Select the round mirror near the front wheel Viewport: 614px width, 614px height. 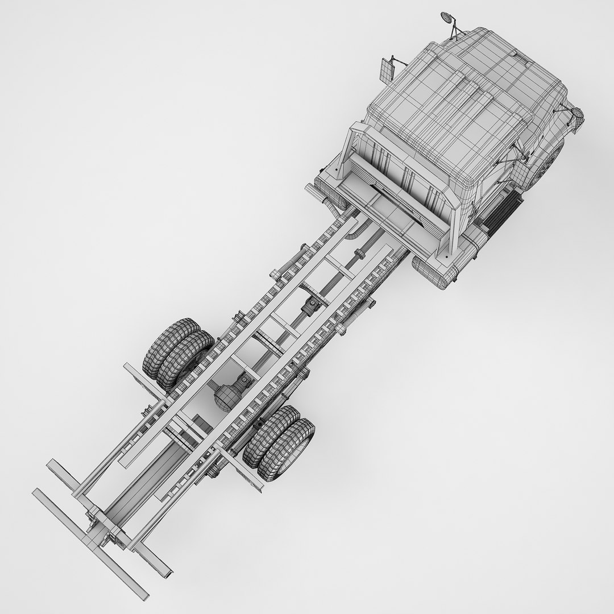576,116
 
